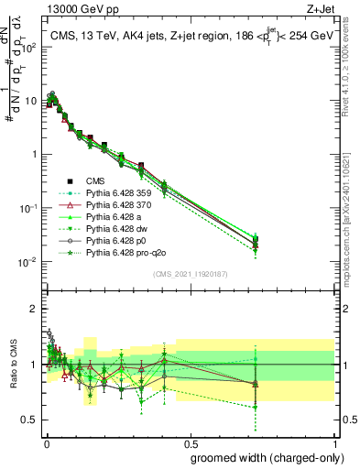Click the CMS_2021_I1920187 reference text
click(x=190, y=273)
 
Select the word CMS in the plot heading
click(x=62, y=37)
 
